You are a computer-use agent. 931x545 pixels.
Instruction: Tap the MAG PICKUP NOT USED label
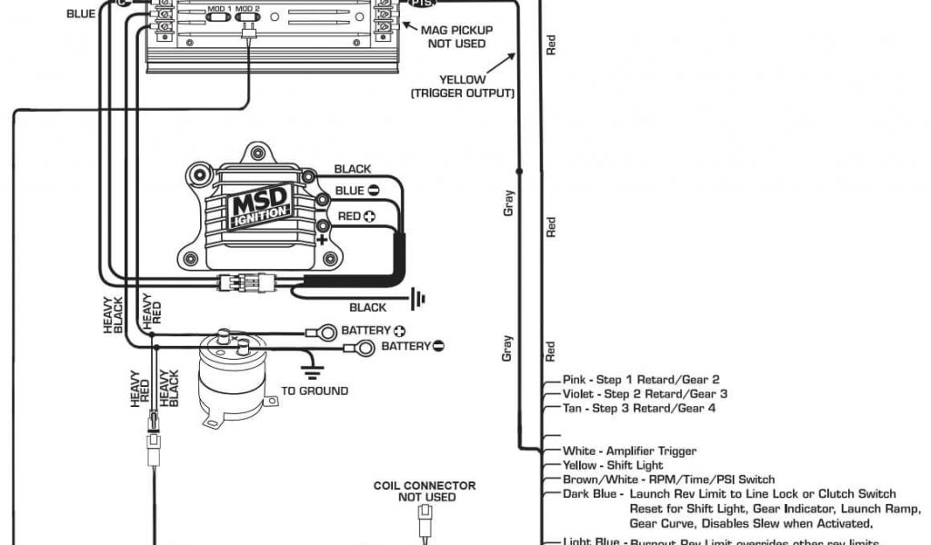pos(458,37)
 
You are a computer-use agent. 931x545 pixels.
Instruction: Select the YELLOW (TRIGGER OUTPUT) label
pos(463,86)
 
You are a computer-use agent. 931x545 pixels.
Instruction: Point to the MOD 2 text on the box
pos(250,7)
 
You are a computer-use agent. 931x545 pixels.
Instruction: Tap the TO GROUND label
pos(315,391)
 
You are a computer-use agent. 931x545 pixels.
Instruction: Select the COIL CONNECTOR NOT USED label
pos(425,491)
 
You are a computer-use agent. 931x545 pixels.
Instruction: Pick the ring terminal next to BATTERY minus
pos(363,347)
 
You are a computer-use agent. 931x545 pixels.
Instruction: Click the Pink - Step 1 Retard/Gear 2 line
pos(641,379)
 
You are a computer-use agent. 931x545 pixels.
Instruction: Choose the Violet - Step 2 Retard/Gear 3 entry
pos(645,393)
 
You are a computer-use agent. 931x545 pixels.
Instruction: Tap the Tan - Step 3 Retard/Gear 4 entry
pos(639,408)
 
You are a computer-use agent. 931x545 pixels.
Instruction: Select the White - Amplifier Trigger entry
pos(629,451)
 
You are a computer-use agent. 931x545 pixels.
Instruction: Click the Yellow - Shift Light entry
pos(613,465)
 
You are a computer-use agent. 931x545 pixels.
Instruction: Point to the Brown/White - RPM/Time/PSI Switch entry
pos(668,480)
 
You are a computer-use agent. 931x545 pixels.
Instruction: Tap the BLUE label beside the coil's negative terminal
pos(350,191)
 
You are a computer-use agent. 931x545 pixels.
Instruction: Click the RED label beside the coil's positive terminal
pos(349,216)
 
